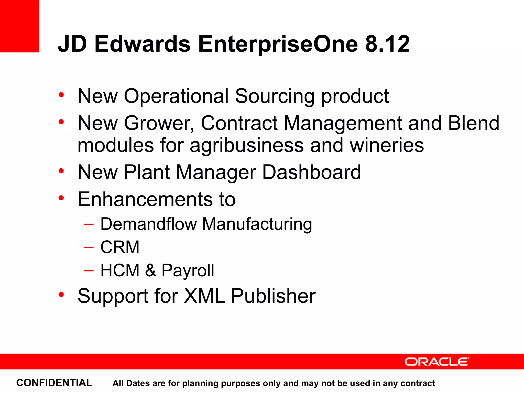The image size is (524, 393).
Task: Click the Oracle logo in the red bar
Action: click(437, 362)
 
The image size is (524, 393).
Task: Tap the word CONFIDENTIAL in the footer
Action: click(54, 383)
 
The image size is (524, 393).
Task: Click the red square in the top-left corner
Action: click(19, 26)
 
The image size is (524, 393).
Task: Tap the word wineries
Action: click(387, 145)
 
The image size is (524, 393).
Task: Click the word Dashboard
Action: click(311, 172)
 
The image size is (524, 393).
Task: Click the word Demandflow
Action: click(148, 224)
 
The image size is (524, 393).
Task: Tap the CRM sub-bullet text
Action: click(120, 247)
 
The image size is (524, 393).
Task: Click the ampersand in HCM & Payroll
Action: click(150, 270)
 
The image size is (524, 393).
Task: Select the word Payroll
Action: click(188, 271)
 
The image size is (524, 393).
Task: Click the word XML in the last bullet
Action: click(204, 296)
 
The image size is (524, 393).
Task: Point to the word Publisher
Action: click(273, 296)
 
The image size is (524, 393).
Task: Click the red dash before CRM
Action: click(89, 247)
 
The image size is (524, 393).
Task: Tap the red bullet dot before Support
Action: click(61, 295)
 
